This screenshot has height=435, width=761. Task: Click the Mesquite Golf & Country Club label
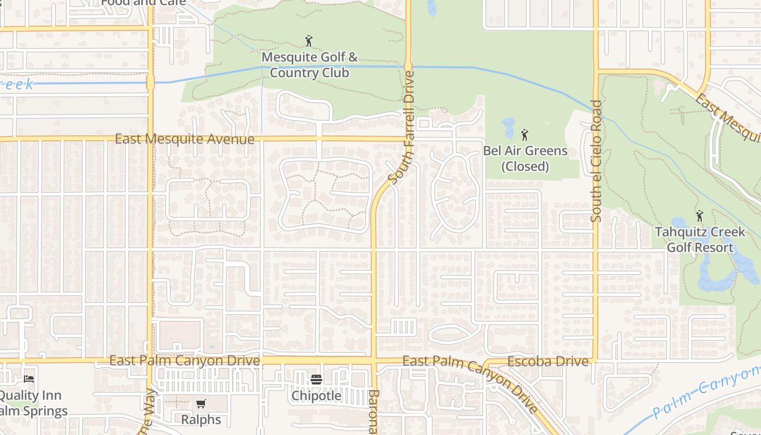pyautogui.click(x=310, y=65)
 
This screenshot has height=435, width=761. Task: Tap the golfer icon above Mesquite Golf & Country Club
pyautogui.click(x=309, y=41)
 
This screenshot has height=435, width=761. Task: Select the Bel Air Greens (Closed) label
pyautogui.click(x=525, y=158)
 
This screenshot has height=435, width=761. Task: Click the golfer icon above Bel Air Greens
pyautogui.click(x=525, y=134)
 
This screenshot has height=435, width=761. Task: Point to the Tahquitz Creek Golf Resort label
pyautogui.click(x=700, y=240)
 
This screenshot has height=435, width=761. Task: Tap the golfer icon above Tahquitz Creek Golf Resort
pyautogui.click(x=700, y=216)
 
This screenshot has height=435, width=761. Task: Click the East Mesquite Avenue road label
pyautogui.click(x=185, y=139)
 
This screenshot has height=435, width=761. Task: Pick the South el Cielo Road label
pyautogui.click(x=596, y=161)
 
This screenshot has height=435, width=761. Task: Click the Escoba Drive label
pyautogui.click(x=548, y=362)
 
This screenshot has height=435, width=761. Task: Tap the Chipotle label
pyautogui.click(x=316, y=395)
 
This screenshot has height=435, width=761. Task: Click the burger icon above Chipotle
pyautogui.click(x=316, y=379)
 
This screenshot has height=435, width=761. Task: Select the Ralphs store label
pyautogui.click(x=201, y=420)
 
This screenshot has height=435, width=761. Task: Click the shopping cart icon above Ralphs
pyautogui.click(x=201, y=403)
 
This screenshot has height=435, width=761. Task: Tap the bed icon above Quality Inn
pyautogui.click(x=29, y=378)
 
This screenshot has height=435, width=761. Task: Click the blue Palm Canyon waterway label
pyautogui.click(x=707, y=391)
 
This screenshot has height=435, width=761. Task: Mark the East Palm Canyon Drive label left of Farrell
pyautogui.click(x=185, y=361)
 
